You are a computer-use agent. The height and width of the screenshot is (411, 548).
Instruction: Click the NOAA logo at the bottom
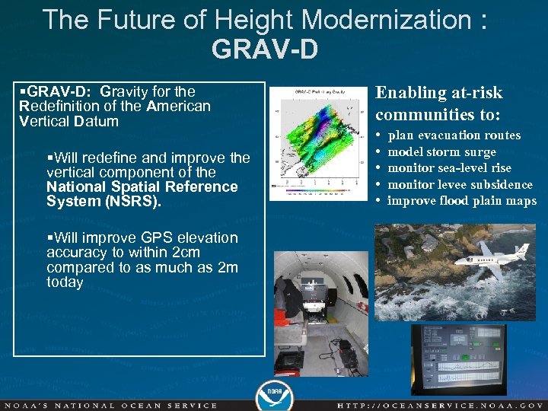274,393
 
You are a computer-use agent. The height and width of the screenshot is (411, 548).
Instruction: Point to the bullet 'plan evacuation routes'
454,135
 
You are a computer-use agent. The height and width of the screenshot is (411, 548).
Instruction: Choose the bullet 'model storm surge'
441,152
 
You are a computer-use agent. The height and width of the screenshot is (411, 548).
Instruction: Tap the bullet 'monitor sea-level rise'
449,168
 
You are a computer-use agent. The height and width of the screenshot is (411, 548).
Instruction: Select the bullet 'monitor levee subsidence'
460,185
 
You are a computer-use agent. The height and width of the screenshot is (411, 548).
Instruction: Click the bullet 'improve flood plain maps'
461,201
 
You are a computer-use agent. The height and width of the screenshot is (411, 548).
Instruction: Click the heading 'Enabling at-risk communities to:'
439,104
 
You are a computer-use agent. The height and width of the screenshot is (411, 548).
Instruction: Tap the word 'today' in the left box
65,282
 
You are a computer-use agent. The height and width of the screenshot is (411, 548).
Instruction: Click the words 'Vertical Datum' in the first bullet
68,121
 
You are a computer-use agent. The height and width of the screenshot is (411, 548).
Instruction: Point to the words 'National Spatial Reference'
142,187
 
